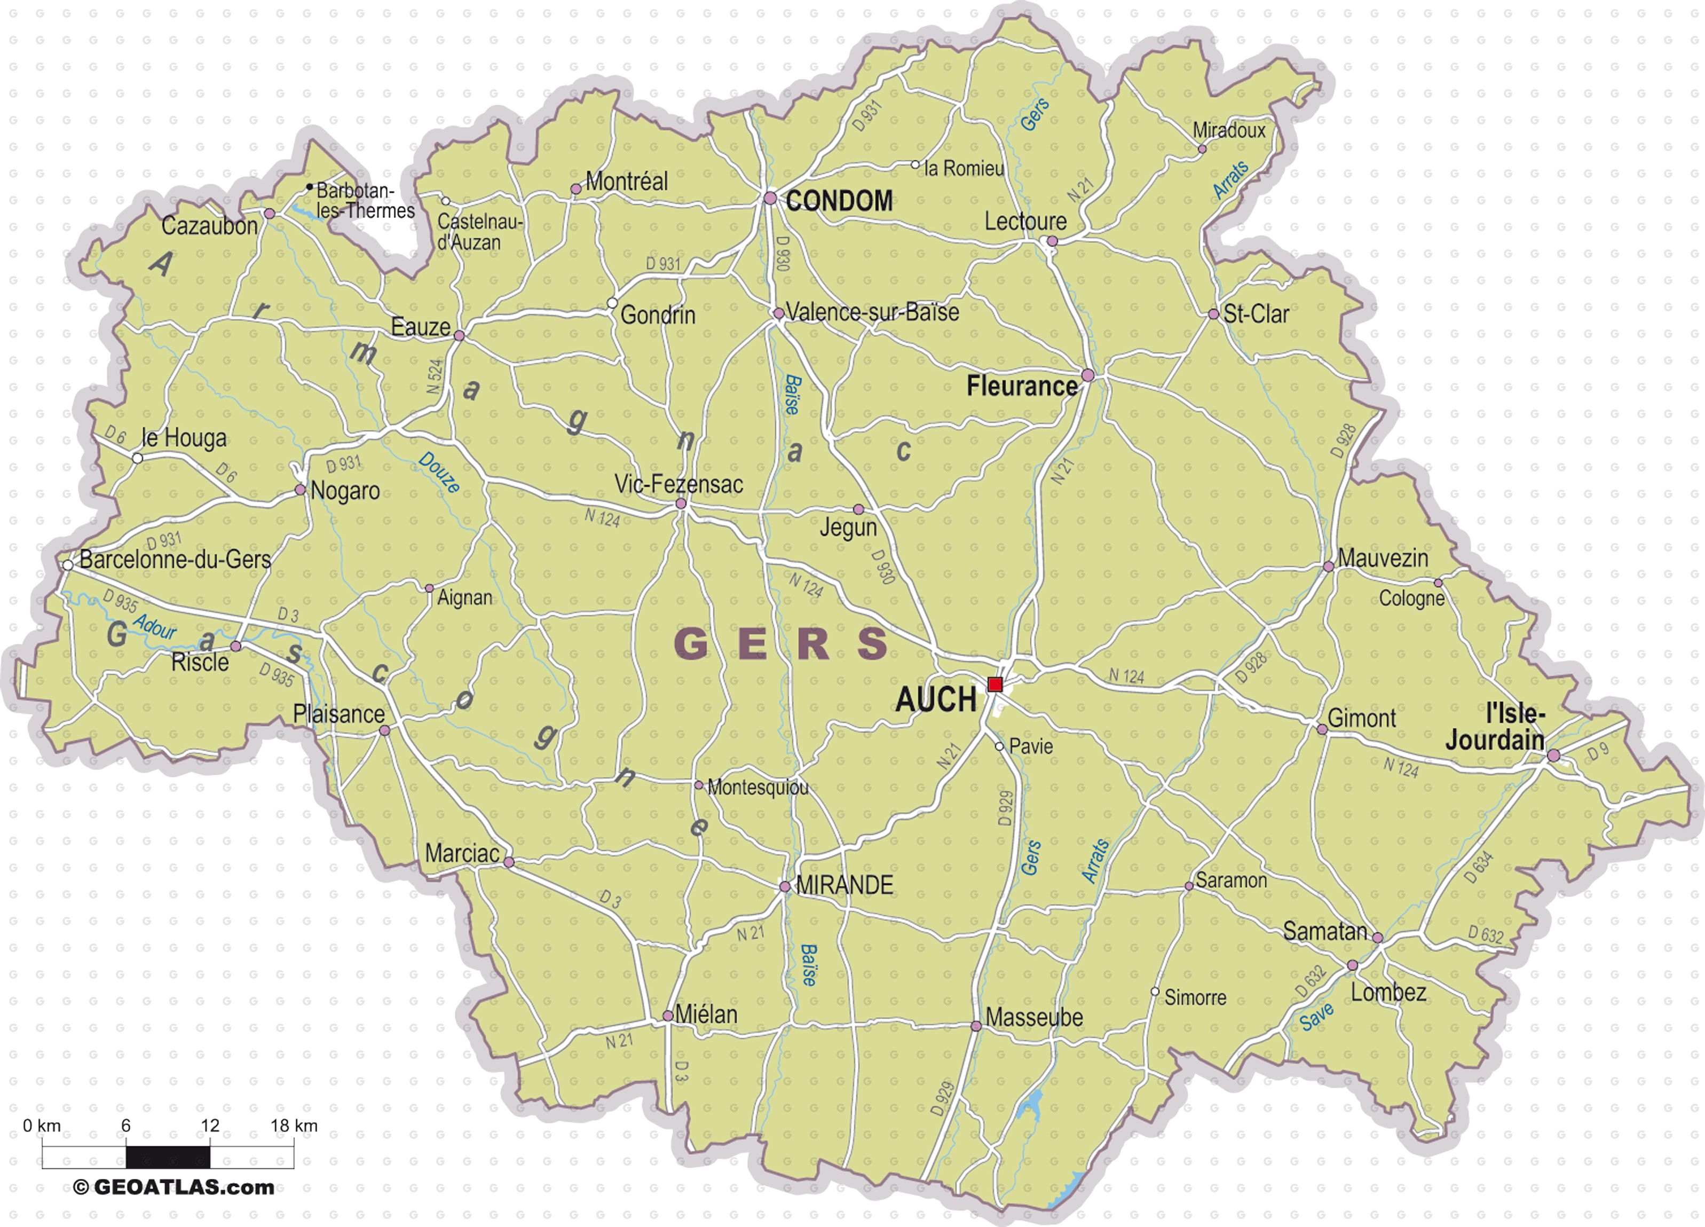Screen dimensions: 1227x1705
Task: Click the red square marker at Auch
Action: pos(994,684)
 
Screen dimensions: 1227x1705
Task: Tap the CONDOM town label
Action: pos(839,201)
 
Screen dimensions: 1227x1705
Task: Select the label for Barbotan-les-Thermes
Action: pos(365,201)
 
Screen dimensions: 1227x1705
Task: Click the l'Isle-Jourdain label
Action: pos(1495,727)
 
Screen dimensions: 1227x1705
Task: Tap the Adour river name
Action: pos(154,626)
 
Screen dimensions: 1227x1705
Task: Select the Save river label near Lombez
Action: pos(1317,1017)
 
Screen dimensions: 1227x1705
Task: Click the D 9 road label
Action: pos(1598,750)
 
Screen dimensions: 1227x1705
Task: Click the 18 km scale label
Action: pos(294,1126)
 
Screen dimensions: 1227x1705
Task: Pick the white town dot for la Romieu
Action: pos(915,164)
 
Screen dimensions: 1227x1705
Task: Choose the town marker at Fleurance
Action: pos(1087,375)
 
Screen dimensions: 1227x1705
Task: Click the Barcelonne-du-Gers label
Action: pos(175,560)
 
